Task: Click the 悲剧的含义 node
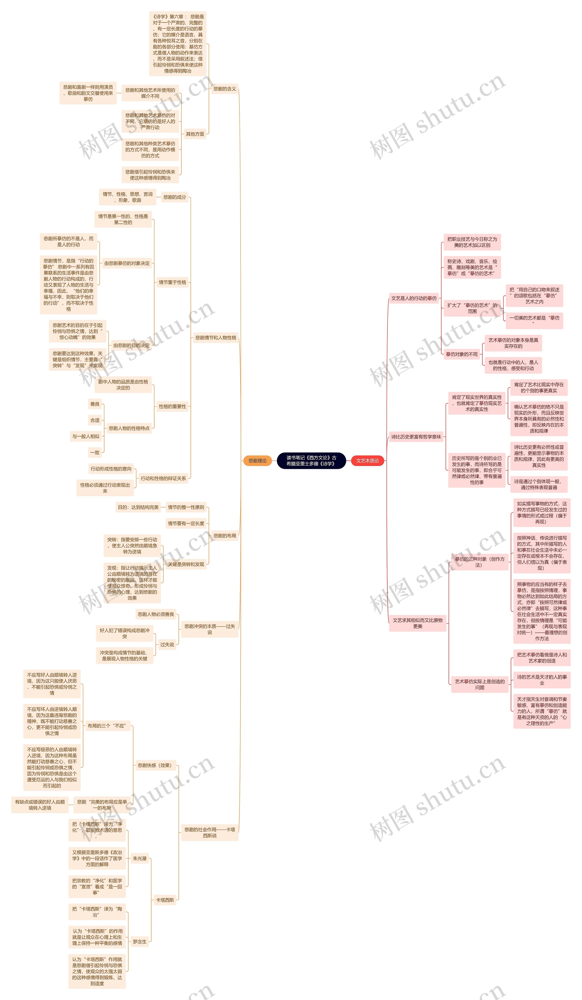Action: coord(225,89)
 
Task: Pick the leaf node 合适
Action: coord(95,420)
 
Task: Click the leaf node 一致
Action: coord(95,452)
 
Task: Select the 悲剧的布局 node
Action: coord(225,536)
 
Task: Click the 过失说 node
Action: coord(167,645)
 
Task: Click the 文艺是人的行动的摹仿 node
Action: coord(414,298)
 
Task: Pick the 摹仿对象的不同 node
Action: coord(462,354)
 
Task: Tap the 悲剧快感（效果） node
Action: coord(155,766)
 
